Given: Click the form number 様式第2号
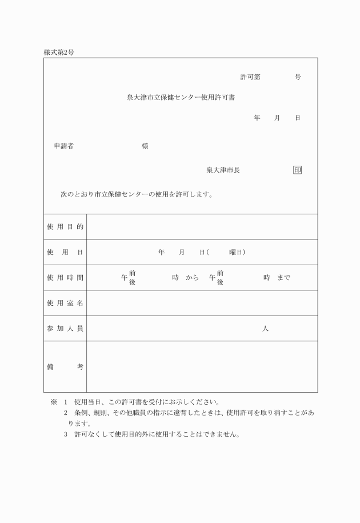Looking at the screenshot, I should (x=59, y=53).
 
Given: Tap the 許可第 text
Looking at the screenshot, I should (x=250, y=77).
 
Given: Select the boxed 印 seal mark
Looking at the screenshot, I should (x=297, y=170).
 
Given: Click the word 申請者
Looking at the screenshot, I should (x=63, y=146).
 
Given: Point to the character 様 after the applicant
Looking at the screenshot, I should (x=145, y=146).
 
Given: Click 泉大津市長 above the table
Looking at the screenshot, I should (x=223, y=170).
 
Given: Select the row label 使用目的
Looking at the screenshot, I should (x=65, y=227).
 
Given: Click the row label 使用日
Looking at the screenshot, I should (x=65, y=252).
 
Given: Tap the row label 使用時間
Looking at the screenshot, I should (x=65, y=278).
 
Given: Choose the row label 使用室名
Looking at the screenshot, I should (x=65, y=303).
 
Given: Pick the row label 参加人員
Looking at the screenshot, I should (x=65, y=329).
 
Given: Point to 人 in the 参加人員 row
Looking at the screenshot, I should (x=265, y=329).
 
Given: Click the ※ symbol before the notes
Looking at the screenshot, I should (x=54, y=402).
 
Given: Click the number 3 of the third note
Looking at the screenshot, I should (x=66, y=434).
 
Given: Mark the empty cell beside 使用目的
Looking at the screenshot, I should (x=202, y=227).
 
